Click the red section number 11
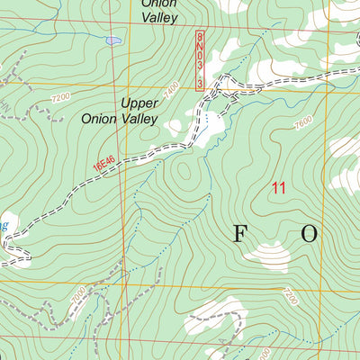coord(278,188)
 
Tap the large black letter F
coord(241,234)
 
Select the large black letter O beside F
coord(309,234)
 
